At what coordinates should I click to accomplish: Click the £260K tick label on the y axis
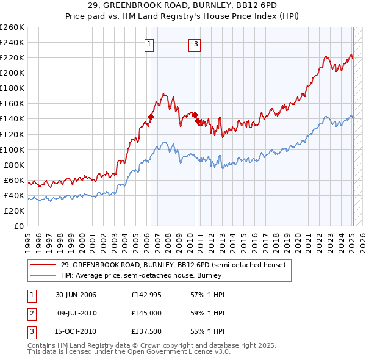tap(12, 27)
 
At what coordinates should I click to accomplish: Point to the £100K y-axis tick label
tap(12, 149)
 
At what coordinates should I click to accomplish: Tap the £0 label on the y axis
tap(20, 226)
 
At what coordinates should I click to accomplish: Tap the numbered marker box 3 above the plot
tap(196, 43)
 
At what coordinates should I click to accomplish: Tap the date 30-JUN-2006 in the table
tap(76, 295)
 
